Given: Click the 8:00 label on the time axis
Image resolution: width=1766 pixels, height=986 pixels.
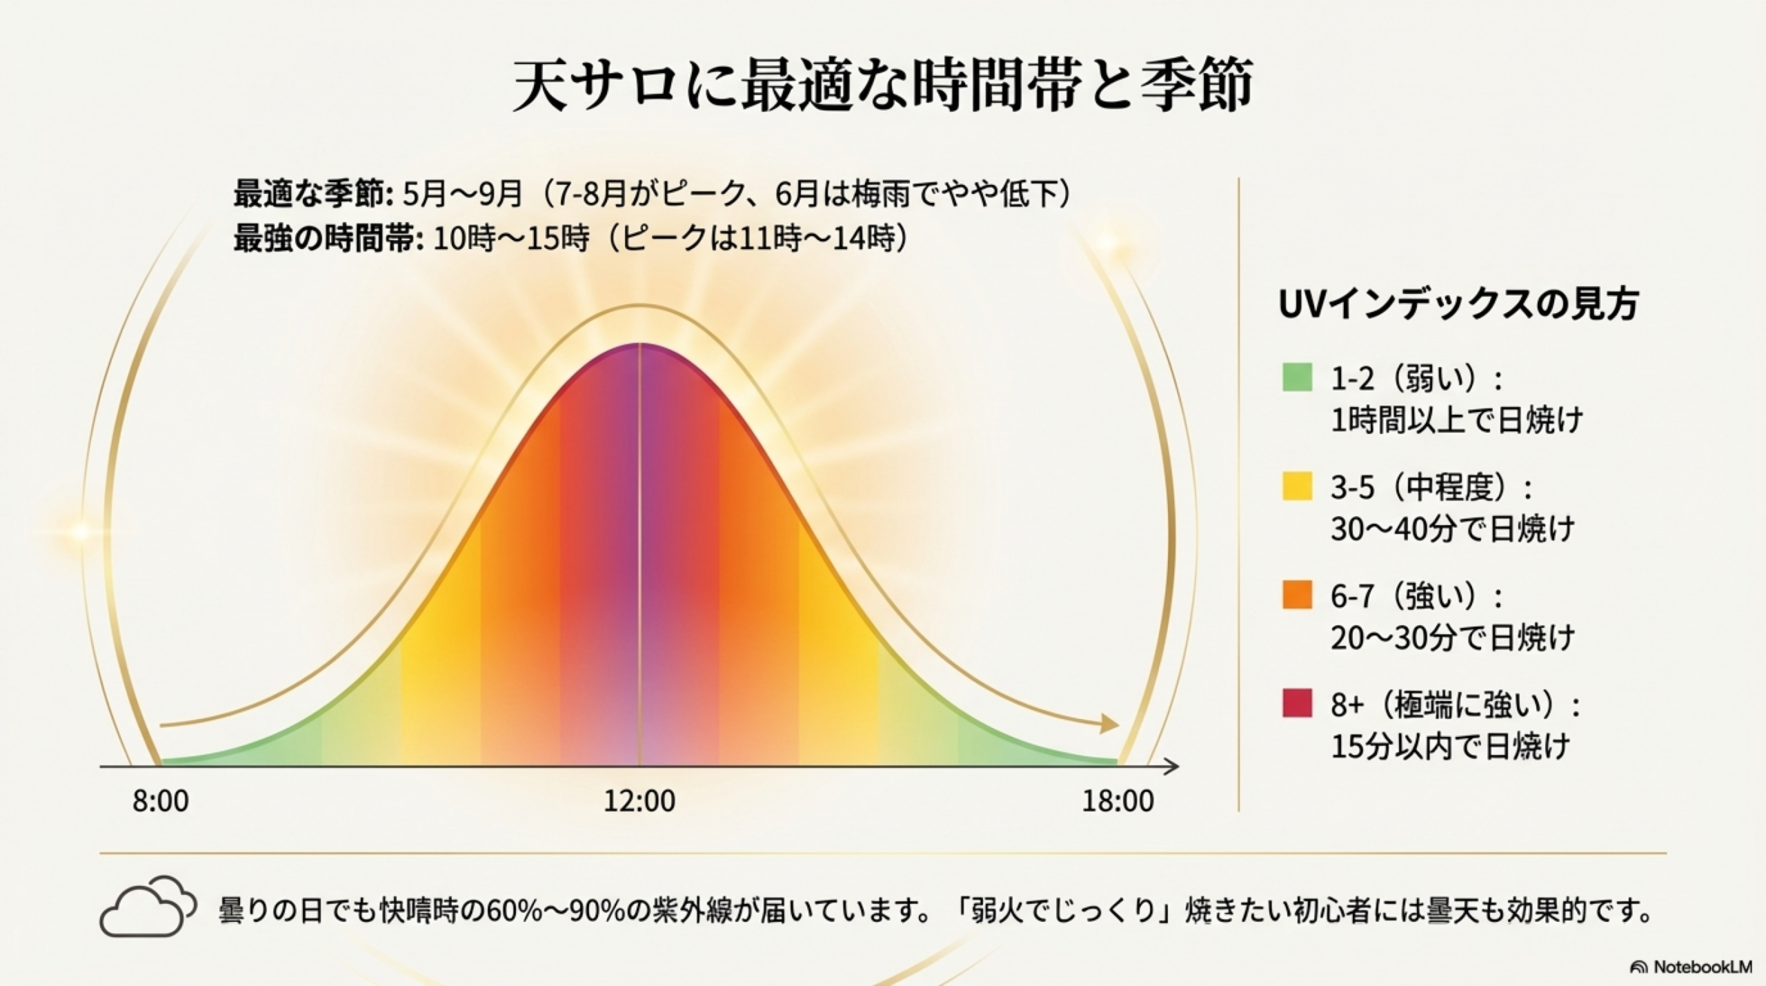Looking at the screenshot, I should coord(161,802).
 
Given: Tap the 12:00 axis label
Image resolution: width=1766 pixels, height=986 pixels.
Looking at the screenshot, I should coord(639,802).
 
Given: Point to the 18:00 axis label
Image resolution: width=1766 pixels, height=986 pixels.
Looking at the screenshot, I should coord(1118,802).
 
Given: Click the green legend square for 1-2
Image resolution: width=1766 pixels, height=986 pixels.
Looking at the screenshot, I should coord(1296,377).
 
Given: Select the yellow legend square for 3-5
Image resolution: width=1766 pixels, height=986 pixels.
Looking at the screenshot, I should coord(1296,486).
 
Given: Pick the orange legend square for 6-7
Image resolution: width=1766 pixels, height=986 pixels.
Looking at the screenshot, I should coord(1296,595).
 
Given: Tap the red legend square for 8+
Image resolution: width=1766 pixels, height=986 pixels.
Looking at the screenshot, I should coord(1296,703).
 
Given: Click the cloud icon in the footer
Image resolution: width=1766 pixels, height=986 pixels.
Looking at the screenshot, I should coord(147,907).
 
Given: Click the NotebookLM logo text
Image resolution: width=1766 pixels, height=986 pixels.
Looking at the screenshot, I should coord(1703,967).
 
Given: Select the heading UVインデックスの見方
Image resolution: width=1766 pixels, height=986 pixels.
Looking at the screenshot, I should coord(1458,304).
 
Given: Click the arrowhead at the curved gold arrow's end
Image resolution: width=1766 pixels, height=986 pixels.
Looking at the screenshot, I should coord(1109,724).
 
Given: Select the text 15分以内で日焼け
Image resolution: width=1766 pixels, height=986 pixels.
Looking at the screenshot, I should coord(1449,747).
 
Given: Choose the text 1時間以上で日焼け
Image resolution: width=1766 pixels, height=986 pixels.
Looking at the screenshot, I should coord(1456,420).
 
